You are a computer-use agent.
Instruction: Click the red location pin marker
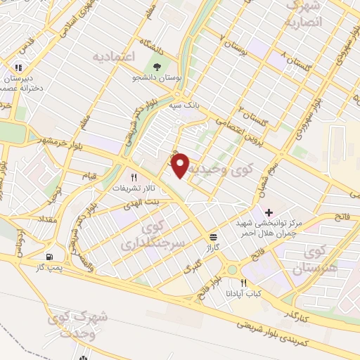click(x=181, y=165)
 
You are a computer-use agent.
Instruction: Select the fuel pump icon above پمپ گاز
click(x=49, y=257)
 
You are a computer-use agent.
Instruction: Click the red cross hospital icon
click(x=269, y=212)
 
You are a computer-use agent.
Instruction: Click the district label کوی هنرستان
click(x=323, y=258)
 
